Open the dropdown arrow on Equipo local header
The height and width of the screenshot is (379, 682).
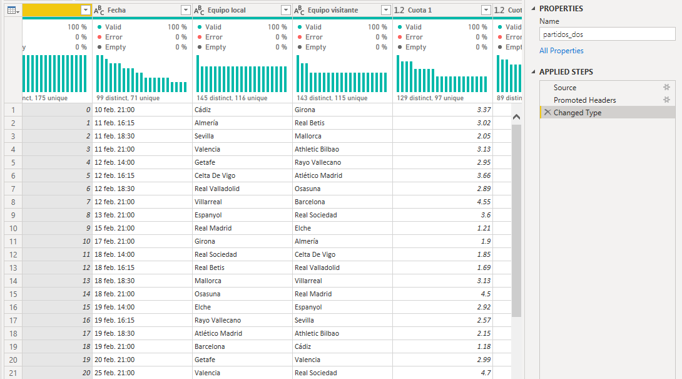coord(285,10)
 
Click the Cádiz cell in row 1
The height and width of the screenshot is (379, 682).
coord(203,110)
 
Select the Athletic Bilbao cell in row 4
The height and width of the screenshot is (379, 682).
coord(317,149)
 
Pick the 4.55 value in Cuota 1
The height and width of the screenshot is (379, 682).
coord(484,202)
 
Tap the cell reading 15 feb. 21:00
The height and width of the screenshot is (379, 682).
coord(115,228)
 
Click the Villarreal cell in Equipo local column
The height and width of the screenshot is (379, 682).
coord(208,202)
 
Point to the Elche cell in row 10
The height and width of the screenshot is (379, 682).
coord(303,228)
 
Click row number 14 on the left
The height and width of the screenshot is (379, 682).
coord(13,281)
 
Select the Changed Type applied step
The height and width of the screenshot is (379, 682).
coord(577,113)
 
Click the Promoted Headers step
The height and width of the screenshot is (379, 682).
coord(584,100)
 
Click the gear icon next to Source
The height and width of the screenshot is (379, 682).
coord(666,88)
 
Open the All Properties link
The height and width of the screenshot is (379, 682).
coord(561,51)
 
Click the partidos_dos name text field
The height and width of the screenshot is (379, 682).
coord(607,34)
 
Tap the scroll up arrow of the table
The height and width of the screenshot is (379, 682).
coord(516,117)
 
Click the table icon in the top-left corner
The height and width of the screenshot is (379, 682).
coord(12,10)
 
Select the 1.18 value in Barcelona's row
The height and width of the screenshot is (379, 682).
coord(484,346)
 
